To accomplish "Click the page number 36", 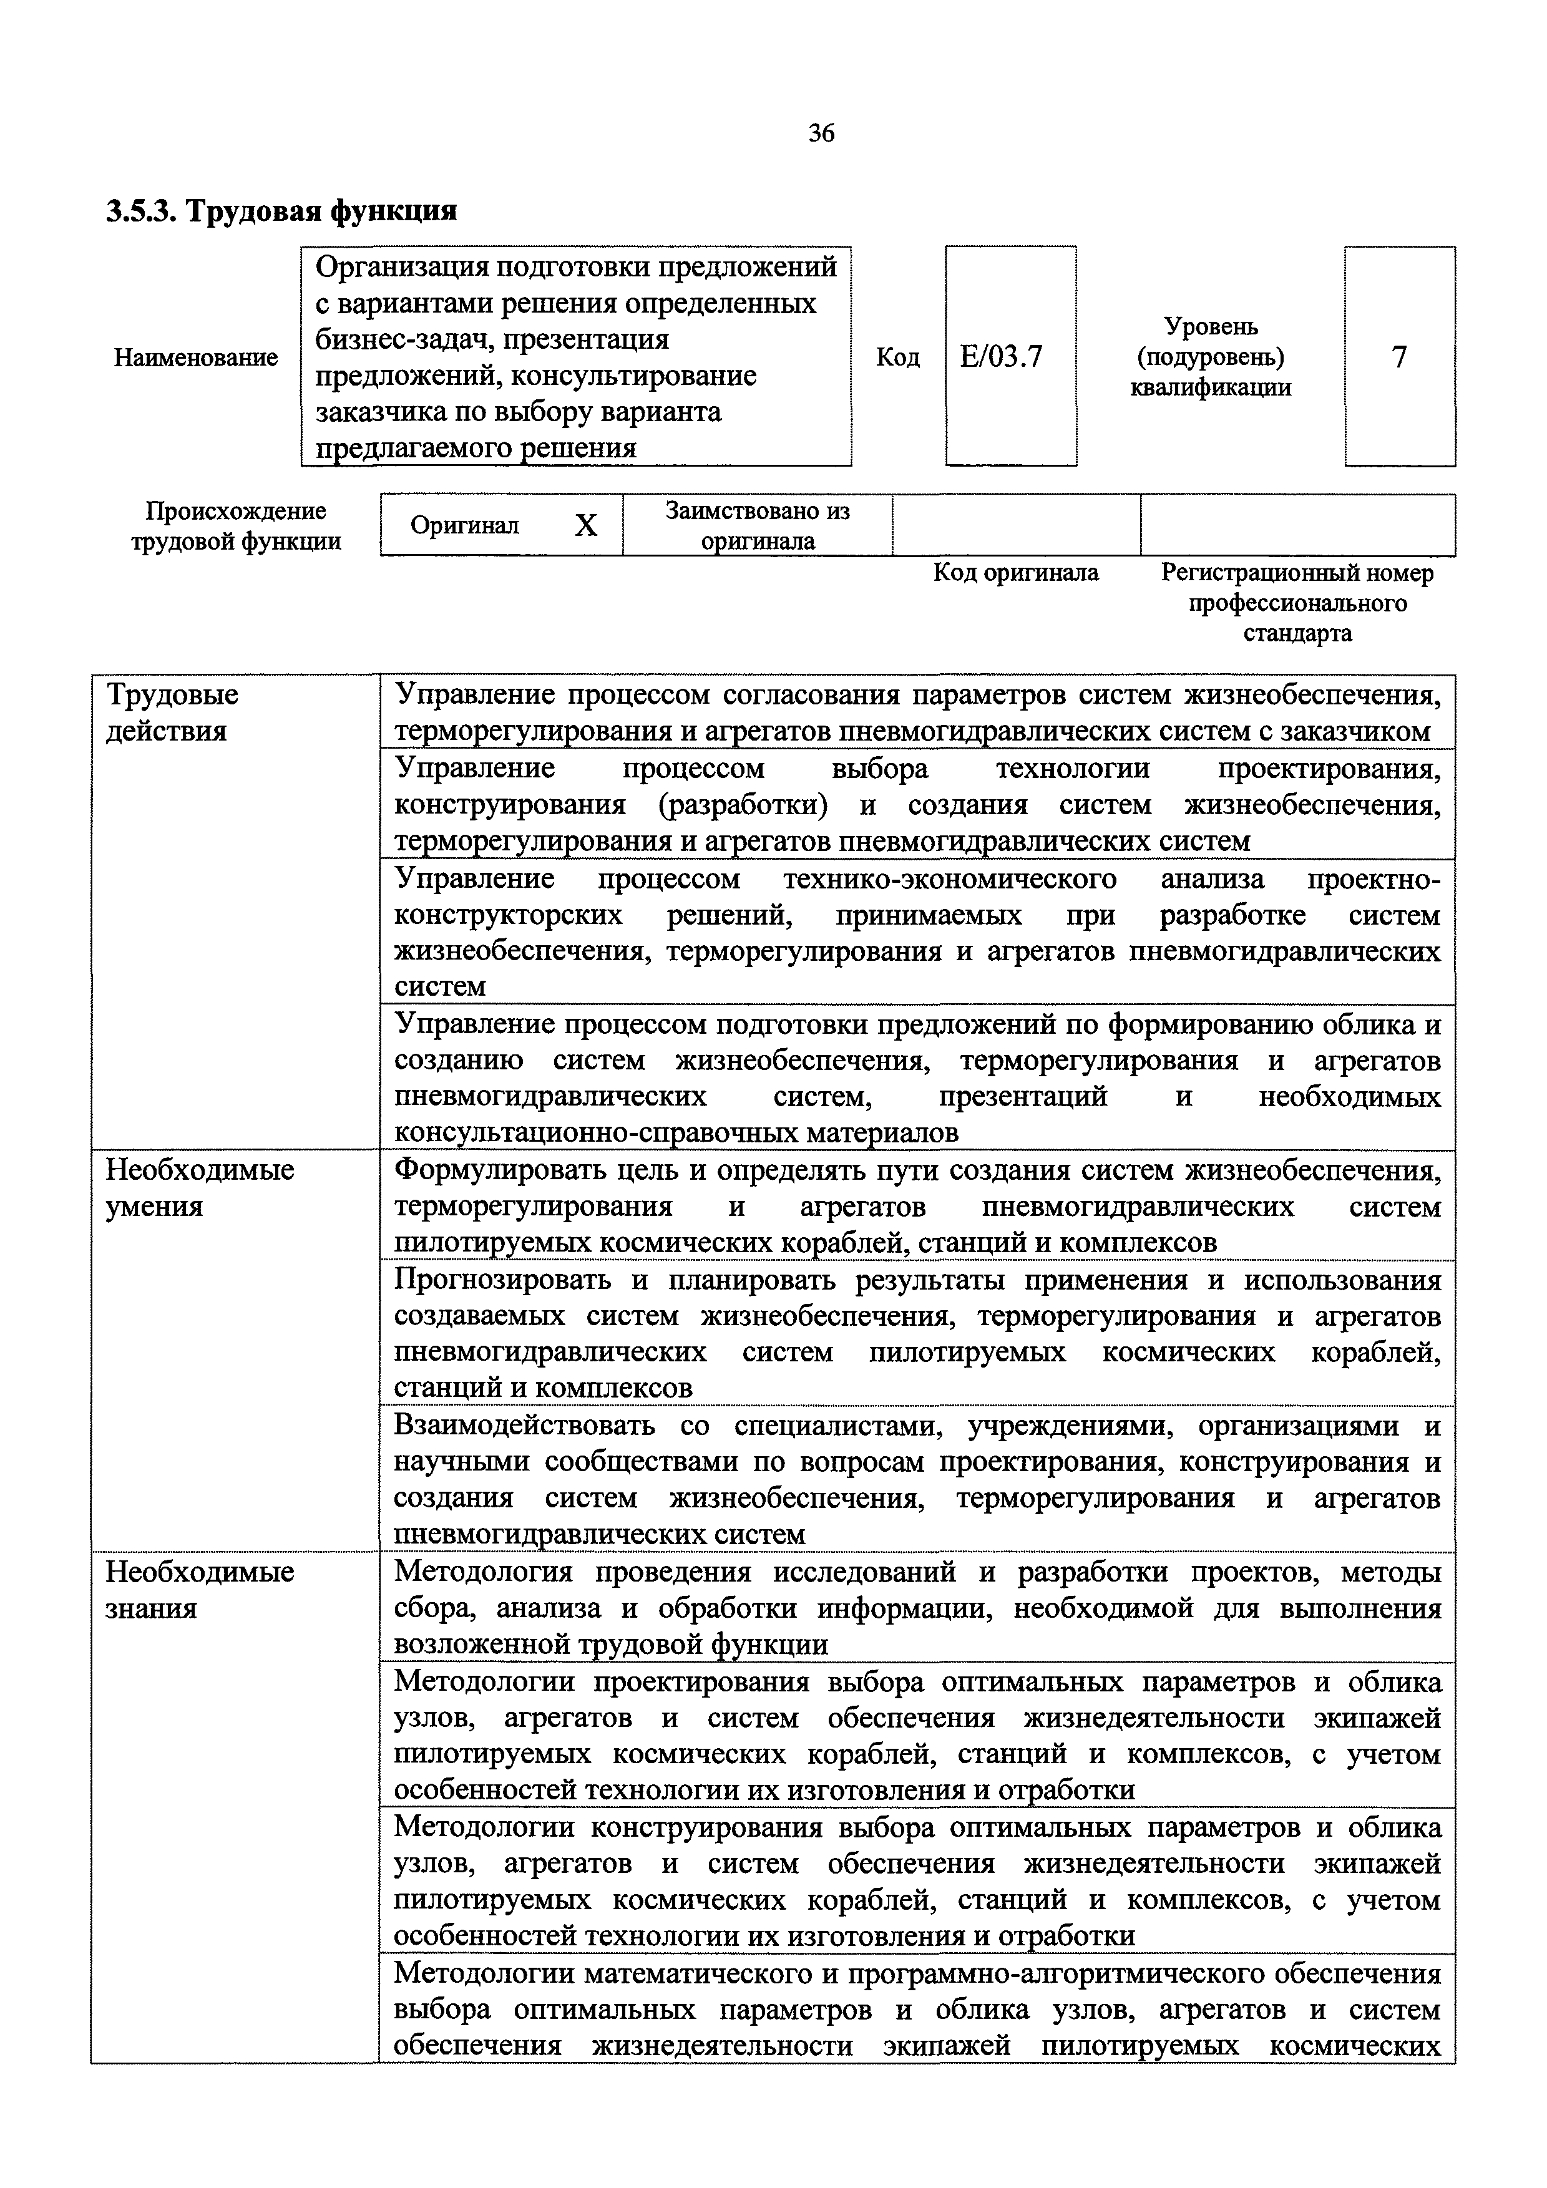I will (x=821, y=134).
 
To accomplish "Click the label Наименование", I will (x=195, y=357).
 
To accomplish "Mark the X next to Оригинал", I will (x=585, y=525).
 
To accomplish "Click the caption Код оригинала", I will (x=1015, y=573).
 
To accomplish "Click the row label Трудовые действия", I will (x=172, y=713).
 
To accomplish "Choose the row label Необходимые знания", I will (x=199, y=1590).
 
